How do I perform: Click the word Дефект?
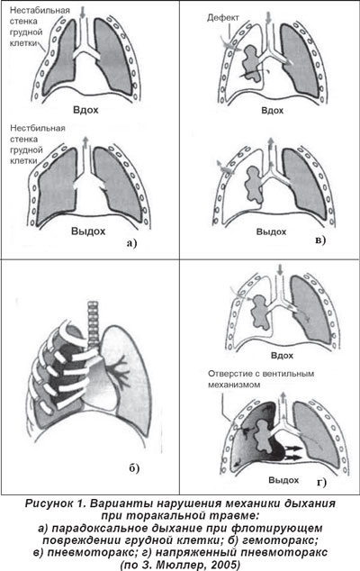[223, 17]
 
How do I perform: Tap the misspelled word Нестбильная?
[38, 128]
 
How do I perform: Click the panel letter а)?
[131, 242]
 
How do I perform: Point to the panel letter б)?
[134, 468]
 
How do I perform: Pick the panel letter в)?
[320, 240]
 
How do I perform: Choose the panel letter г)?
[321, 483]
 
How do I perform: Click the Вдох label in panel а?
[85, 110]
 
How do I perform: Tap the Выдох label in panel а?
[88, 231]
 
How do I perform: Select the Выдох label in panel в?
[271, 232]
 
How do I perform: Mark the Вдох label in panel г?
[282, 355]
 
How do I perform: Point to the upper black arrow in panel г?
[294, 449]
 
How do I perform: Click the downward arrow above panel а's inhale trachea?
[82, 12]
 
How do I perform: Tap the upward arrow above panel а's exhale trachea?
[85, 141]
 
